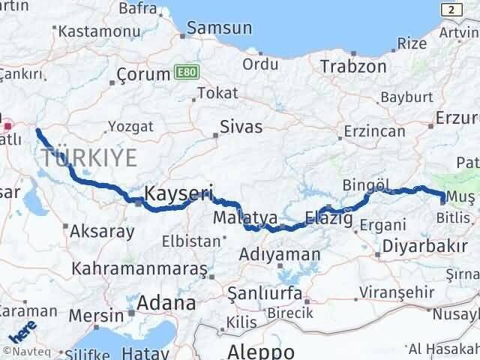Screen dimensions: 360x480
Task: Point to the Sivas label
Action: tap(241, 127)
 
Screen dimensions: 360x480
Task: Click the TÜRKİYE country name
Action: tap(90, 158)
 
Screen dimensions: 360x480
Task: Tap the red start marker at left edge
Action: tap(7, 127)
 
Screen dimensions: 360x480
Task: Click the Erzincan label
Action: tap(374, 132)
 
